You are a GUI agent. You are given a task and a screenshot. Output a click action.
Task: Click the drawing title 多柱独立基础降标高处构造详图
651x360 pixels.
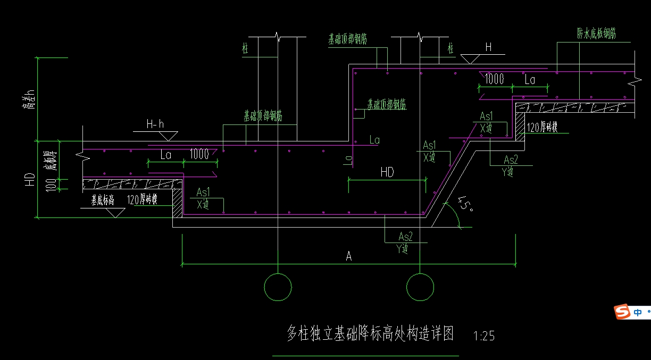tap(370, 334)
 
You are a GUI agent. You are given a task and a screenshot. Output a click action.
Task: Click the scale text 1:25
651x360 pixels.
tap(483, 336)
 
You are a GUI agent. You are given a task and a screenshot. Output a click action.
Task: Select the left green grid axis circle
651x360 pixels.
tap(278, 287)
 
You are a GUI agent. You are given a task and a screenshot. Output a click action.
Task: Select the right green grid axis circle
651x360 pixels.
tap(420, 287)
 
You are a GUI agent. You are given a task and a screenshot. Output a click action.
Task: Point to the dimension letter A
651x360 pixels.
tap(349, 257)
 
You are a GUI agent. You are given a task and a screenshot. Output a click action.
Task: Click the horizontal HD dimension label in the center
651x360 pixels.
tap(387, 172)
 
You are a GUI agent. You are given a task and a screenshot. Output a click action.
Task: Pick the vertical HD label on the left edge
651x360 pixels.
tap(30, 179)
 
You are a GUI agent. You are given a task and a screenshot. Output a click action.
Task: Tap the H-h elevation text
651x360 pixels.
tap(155, 124)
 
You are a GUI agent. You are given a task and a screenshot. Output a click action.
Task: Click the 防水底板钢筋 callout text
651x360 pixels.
tap(596, 34)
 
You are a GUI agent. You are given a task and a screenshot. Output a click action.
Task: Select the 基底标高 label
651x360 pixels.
tap(102, 200)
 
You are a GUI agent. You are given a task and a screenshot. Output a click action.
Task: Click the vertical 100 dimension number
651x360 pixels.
tap(52, 185)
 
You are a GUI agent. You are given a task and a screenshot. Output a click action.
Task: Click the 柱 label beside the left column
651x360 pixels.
tap(245, 49)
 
